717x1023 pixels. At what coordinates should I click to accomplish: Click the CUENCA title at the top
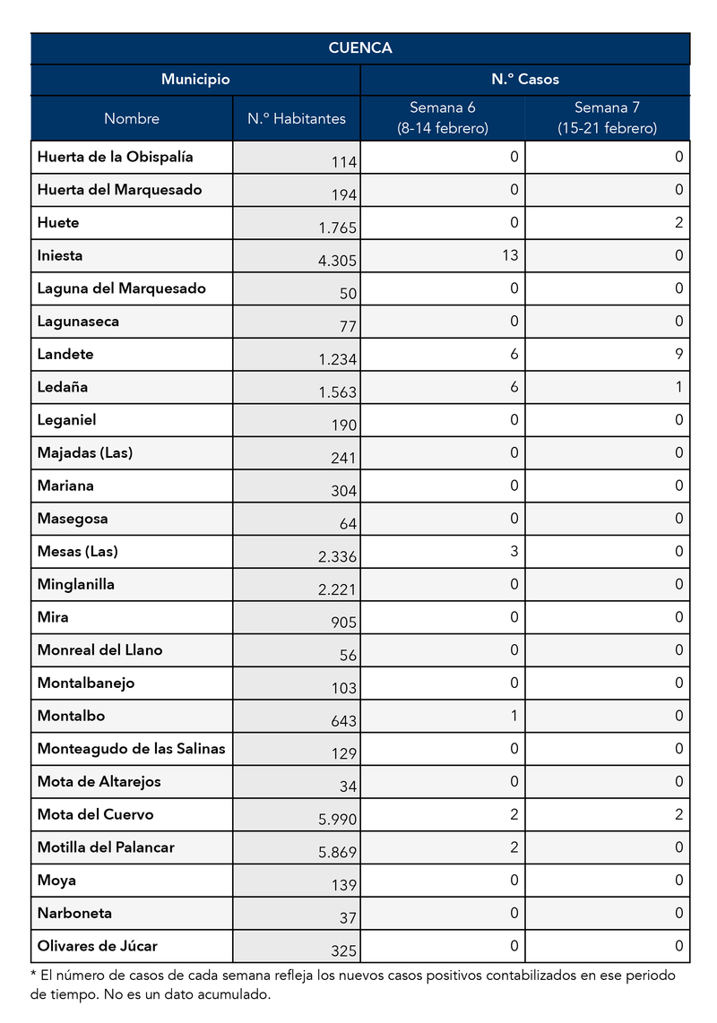360,48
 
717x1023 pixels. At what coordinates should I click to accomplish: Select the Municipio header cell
195,80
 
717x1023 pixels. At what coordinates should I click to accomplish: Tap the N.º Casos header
525,80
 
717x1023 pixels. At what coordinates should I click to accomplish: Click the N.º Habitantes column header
297,118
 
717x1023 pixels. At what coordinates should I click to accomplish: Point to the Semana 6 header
443,117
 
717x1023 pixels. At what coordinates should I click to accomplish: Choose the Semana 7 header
607,117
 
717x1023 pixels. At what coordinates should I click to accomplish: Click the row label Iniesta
60,255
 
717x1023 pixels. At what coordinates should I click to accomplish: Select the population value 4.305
338,262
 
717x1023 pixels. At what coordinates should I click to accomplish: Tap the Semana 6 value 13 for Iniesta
510,255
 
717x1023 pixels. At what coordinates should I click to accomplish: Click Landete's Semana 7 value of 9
679,354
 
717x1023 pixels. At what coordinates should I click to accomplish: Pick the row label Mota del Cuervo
95,814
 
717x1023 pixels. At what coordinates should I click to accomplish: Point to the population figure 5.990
338,821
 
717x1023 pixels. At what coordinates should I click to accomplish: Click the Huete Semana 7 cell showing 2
679,222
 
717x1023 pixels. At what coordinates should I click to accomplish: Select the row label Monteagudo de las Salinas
131,748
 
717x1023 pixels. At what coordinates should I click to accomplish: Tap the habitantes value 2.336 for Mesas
338,557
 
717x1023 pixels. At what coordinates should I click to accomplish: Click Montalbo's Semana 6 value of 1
514,716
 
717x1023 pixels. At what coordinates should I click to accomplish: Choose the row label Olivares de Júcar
98,945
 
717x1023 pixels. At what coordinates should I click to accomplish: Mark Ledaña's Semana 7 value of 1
679,387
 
